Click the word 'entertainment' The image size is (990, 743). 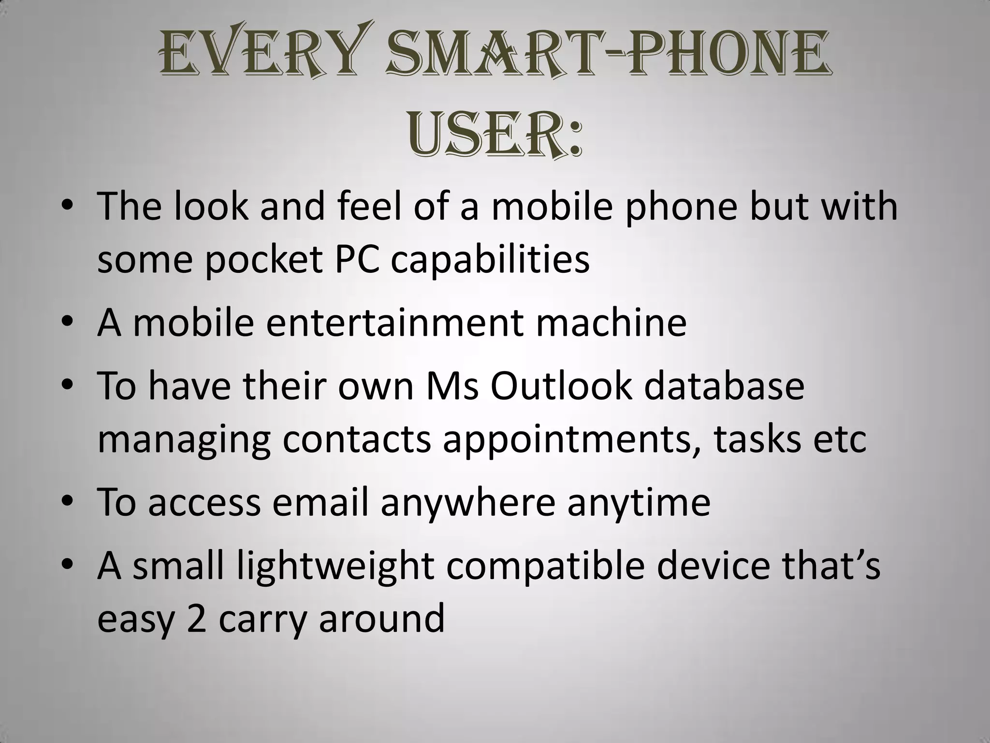(x=394, y=323)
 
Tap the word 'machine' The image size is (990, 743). (x=611, y=323)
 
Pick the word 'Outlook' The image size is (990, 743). (x=561, y=386)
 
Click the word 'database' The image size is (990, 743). (x=724, y=386)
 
